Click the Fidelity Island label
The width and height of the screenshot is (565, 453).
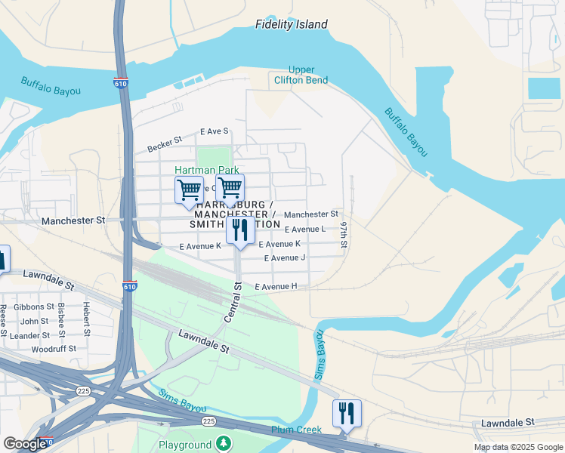(291, 24)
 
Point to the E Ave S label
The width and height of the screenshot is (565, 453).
(214, 131)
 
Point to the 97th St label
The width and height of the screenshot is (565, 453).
(344, 236)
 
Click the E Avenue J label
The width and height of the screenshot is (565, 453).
(284, 258)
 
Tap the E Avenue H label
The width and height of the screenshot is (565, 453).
(276, 287)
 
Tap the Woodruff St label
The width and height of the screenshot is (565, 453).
(53, 350)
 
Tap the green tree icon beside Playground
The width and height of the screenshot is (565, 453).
(223, 443)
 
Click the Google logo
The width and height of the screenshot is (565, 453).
(24, 445)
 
